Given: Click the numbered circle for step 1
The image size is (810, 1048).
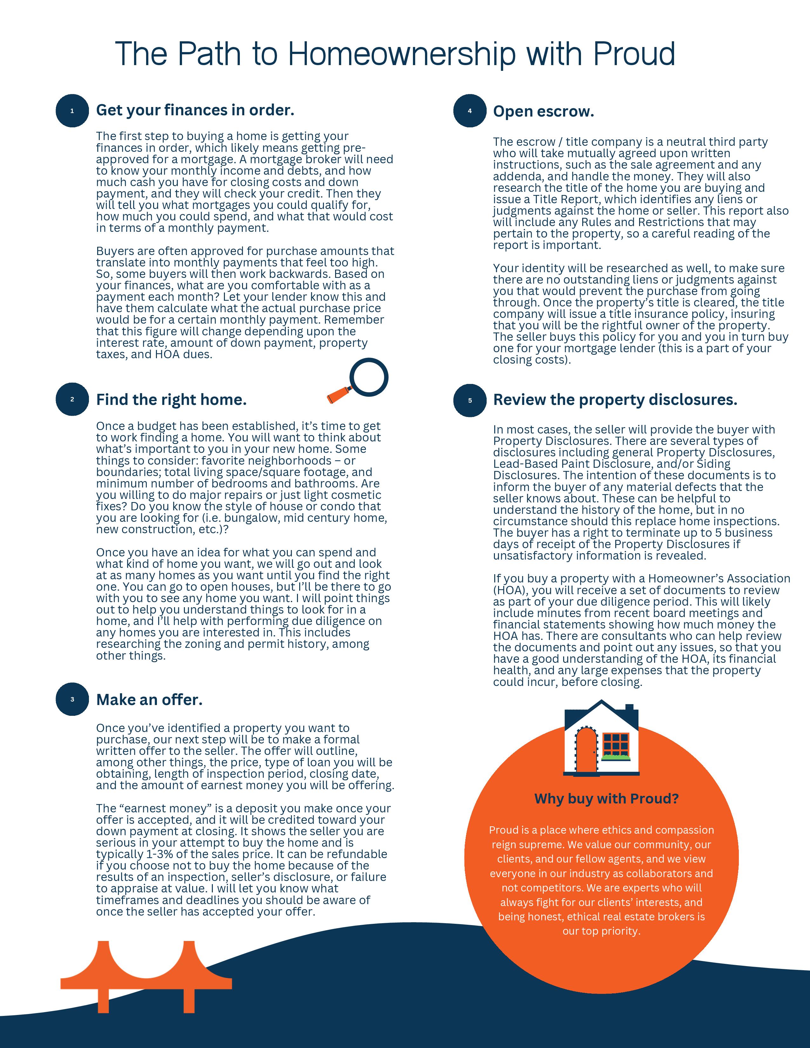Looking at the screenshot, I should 72,111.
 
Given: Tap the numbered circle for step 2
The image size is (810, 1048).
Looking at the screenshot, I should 72,399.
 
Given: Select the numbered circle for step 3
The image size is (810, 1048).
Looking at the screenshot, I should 72,699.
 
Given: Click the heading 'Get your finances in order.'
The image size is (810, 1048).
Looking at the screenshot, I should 195,111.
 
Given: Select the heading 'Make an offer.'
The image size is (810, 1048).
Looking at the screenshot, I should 149,700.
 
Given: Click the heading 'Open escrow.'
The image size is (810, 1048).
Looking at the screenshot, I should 544,111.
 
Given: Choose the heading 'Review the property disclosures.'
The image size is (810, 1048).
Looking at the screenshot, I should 615,400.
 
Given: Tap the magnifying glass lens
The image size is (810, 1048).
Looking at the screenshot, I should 368,377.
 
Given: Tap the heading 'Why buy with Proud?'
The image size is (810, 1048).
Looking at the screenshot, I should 606,798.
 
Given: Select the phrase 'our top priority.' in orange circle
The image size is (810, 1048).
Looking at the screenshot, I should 601,931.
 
